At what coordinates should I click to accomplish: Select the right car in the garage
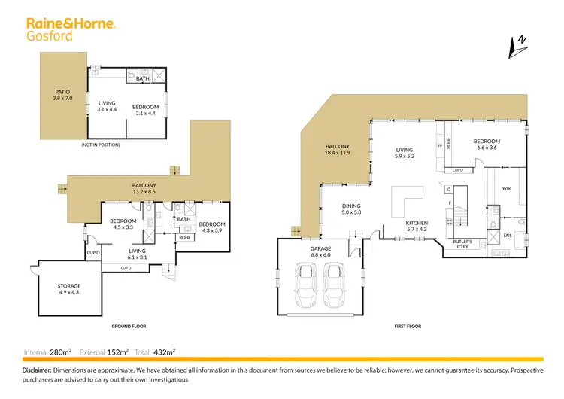click(x=336, y=289)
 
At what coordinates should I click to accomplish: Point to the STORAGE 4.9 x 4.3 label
click(x=69, y=289)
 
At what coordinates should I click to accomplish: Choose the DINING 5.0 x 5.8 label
click(x=351, y=209)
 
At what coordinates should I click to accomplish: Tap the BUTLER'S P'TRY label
click(x=463, y=243)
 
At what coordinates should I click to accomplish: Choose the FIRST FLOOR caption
click(x=408, y=327)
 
